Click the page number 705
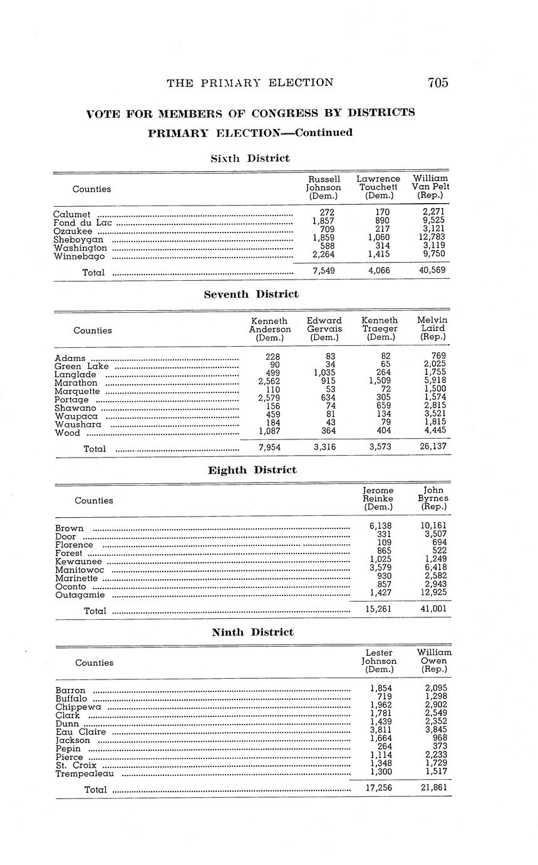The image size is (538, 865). click(438, 83)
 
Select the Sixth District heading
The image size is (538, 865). click(250, 159)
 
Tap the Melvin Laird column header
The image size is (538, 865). click(433, 328)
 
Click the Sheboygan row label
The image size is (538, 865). click(78, 240)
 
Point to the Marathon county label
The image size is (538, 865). click(76, 383)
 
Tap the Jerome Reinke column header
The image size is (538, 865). click(378, 498)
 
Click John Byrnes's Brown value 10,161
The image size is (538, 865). click(433, 526)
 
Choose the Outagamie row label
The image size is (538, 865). click(80, 595)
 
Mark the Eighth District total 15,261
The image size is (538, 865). click(378, 609)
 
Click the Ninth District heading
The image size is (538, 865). click(252, 632)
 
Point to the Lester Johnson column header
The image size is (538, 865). click(379, 661)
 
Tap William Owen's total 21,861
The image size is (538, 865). click(434, 787)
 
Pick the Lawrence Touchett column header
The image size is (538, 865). click(378, 187)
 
